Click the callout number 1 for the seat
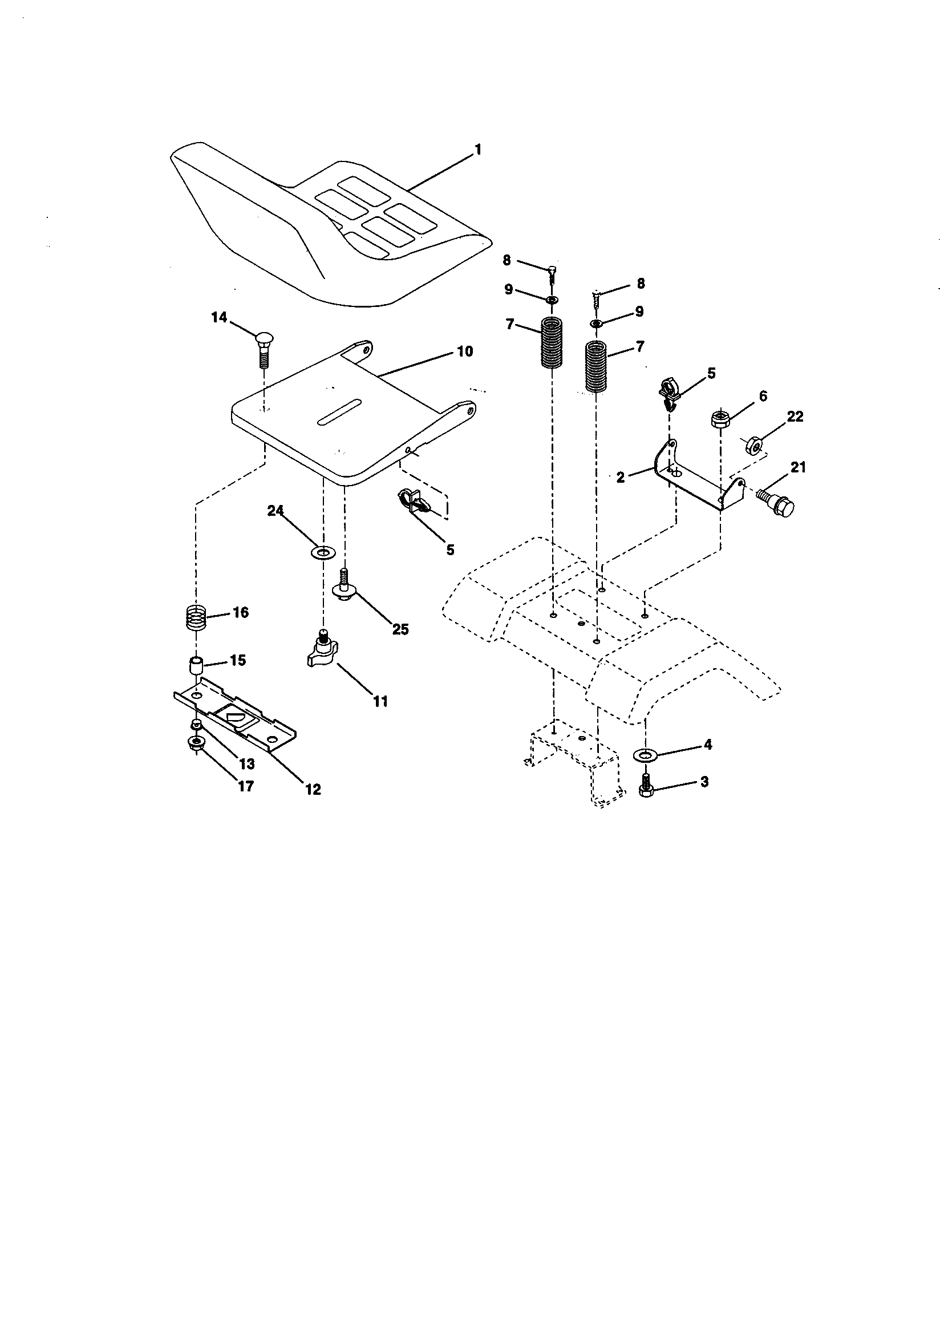477,150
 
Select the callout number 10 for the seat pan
465,351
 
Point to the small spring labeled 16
197,616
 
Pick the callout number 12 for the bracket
313,789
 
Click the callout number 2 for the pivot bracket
621,478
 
